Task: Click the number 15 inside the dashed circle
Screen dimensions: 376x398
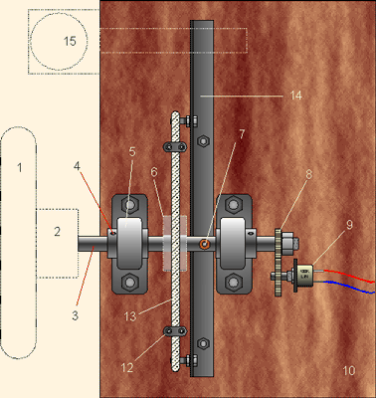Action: [70, 41]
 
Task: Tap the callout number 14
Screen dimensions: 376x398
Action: [296, 96]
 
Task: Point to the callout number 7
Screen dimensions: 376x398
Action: [242, 134]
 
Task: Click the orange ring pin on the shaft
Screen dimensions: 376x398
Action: [204, 245]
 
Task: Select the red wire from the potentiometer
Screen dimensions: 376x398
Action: [349, 276]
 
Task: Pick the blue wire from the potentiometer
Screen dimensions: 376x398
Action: [349, 287]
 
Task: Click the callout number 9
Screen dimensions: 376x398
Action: [349, 225]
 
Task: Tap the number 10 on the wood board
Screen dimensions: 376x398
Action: [349, 370]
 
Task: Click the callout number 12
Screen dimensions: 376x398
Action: [127, 367]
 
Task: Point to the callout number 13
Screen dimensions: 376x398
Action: [130, 316]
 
